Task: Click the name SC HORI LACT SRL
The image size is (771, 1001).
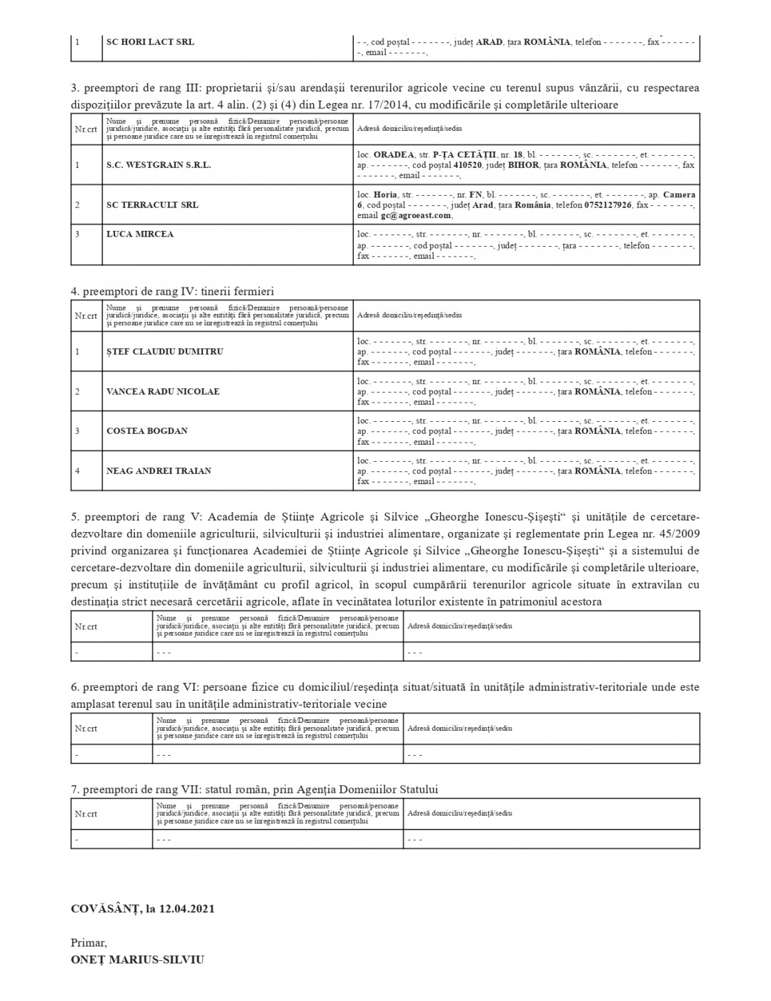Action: tap(150, 41)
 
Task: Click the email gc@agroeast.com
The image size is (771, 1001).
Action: tap(416, 215)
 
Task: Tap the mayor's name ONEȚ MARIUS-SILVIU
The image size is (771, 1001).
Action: tap(137, 960)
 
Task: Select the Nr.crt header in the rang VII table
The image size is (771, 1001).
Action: tap(86, 813)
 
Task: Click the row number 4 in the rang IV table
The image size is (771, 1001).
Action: tap(77, 470)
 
